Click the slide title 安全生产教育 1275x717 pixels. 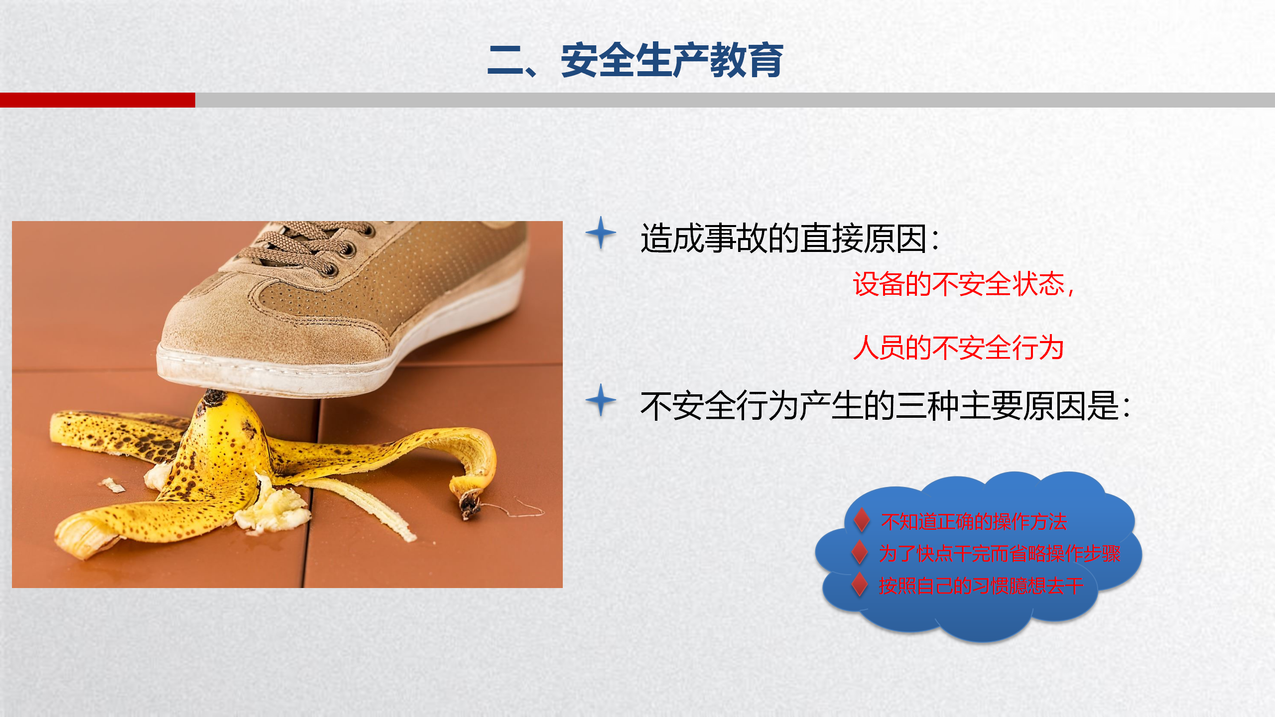[x=672, y=60]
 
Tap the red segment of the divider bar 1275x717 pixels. [x=98, y=100]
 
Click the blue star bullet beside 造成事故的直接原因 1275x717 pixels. [x=601, y=233]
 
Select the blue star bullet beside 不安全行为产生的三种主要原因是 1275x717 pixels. [x=601, y=400]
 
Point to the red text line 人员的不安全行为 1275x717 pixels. [x=958, y=348]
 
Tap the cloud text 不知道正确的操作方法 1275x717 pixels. [x=974, y=521]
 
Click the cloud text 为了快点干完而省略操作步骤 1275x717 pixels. [x=1000, y=553]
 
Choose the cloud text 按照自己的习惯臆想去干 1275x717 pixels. [x=981, y=586]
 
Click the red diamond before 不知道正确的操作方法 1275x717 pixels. [x=862, y=520]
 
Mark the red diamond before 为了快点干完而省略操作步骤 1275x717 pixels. [x=860, y=552]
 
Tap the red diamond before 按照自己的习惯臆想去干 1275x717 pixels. [x=860, y=584]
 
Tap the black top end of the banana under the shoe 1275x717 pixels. [x=214, y=399]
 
